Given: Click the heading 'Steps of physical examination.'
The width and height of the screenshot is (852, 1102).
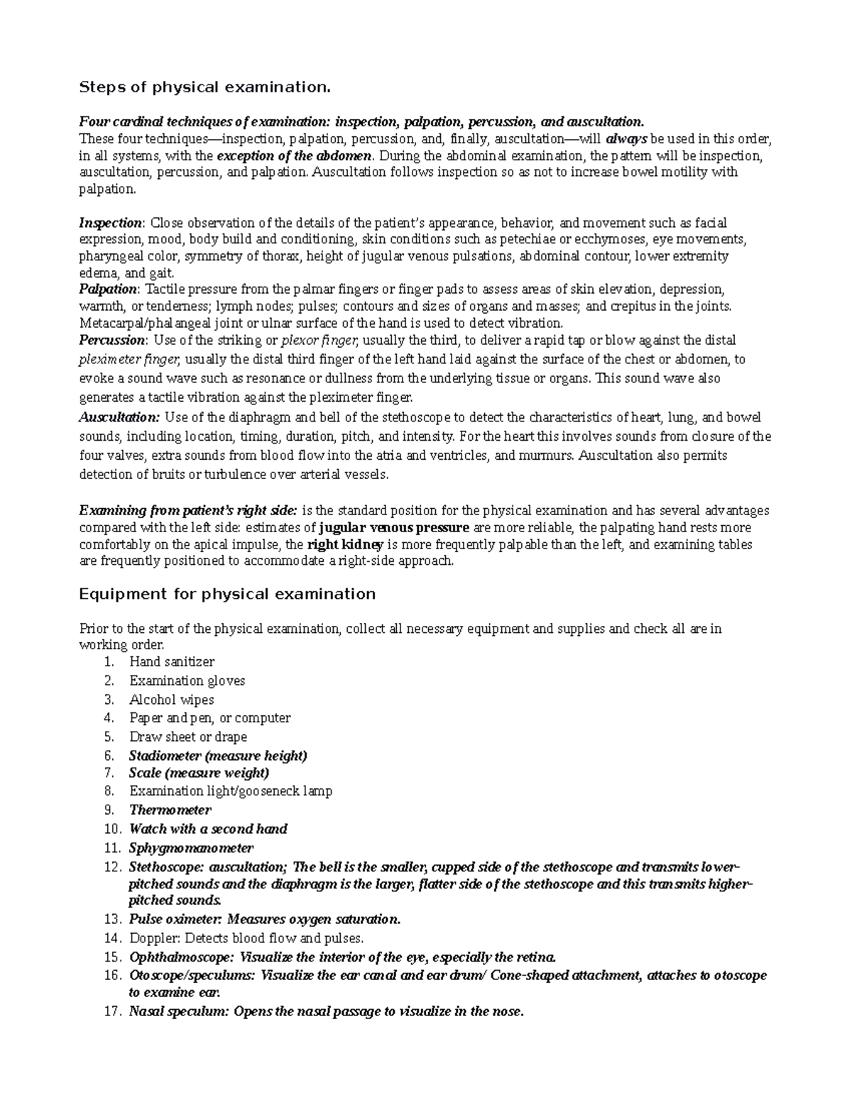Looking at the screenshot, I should click(204, 87).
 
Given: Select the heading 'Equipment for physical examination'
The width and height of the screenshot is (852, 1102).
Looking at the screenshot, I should click(226, 594).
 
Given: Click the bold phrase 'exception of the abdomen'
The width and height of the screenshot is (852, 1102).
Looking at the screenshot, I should click(294, 155).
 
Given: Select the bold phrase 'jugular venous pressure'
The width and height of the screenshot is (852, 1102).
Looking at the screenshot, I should click(394, 528).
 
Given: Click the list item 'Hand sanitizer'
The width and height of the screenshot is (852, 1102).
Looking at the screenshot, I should click(171, 662).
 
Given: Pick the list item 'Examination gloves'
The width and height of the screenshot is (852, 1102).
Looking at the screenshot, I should click(187, 681).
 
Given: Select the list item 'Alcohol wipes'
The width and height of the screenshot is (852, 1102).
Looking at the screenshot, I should click(171, 700).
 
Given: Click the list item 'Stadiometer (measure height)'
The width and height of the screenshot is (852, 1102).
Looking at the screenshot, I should click(218, 756).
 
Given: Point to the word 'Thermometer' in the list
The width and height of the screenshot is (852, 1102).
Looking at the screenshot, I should click(170, 810).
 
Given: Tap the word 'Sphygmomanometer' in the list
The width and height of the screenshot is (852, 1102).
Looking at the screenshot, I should click(191, 848).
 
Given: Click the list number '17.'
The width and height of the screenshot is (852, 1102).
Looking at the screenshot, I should click(112, 1012).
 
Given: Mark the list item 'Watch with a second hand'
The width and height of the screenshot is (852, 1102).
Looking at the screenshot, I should click(208, 829).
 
